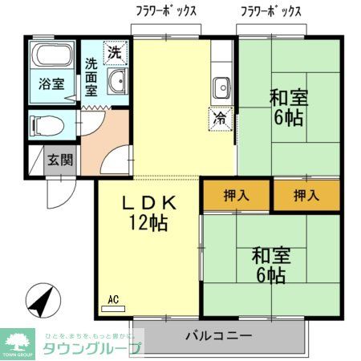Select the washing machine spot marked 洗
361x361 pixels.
tap(117, 51)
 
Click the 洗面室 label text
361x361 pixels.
tap(92, 76)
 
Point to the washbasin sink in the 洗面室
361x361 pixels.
tap(117, 81)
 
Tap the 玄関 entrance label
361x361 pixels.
tap(59, 159)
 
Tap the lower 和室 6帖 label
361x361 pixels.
tap(270, 266)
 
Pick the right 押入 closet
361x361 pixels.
tap(304, 195)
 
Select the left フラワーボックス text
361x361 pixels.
tap(166, 11)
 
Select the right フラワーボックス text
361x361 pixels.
tap(272, 11)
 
